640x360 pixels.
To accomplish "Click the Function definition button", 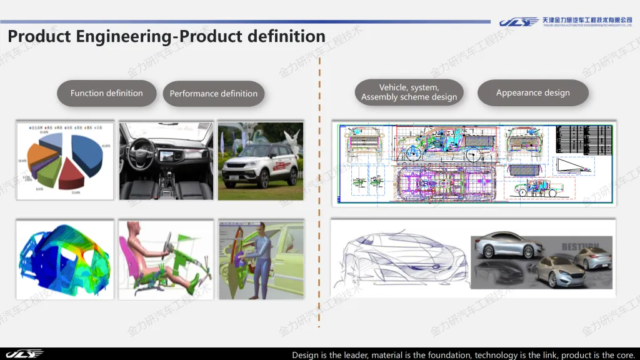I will click(x=106, y=93).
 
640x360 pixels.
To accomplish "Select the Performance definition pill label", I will click(x=214, y=94).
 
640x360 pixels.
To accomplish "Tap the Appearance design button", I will click(x=532, y=93).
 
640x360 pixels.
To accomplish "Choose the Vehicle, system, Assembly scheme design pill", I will click(x=409, y=92).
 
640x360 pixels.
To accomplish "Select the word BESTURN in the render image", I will click(x=580, y=247).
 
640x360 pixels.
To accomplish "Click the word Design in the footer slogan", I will click(x=306, y=355).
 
